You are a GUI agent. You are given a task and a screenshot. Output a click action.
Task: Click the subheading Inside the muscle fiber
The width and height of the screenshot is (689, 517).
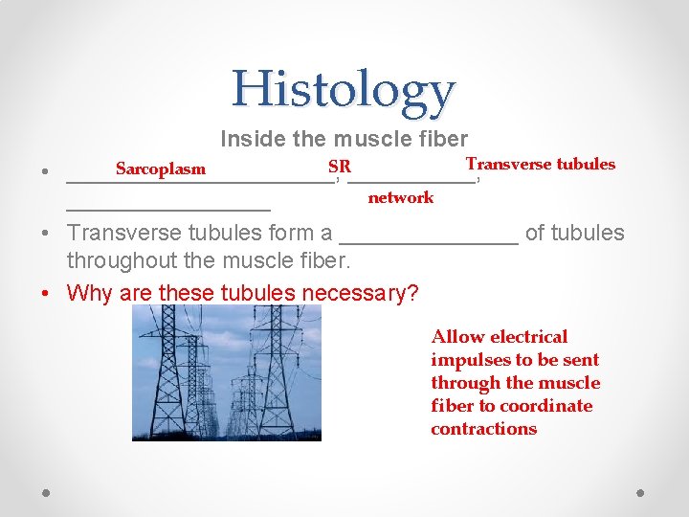pyautogui.click(x=344, y=139)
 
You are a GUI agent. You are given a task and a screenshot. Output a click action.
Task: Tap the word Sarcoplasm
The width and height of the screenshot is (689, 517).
pyautogui.click(x=160, y=169)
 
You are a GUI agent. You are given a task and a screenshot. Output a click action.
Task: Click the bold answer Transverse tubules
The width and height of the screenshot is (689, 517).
pyautogui.click(x=540, y=164)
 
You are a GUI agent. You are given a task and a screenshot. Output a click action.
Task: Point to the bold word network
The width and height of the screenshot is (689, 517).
pyautogui.click(x=400, y=197)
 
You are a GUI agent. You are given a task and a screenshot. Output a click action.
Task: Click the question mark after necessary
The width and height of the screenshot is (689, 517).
pyautogui.click(x=413, y=293)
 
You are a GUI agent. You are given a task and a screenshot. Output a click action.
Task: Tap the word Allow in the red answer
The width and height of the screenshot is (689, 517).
pyautogui.click(x=457, y=337)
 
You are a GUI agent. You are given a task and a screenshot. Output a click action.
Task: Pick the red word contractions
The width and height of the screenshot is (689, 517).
pyautogui.click(x=483, y=429)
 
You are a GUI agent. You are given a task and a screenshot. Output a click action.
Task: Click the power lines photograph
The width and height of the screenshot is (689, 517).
pyautogui.click(x=226, y=372)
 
